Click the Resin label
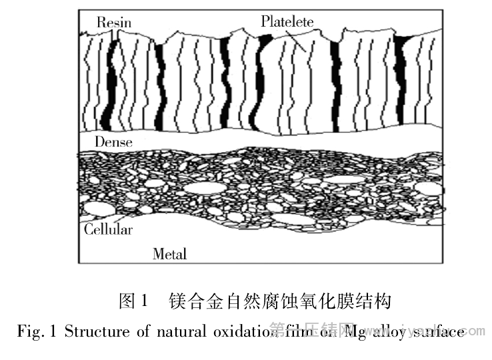114,22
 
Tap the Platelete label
287,22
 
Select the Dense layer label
113,142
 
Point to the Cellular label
108,230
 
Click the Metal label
169,254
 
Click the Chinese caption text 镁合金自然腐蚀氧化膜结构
281,302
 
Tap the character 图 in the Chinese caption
127,302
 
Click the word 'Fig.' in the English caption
29,331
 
